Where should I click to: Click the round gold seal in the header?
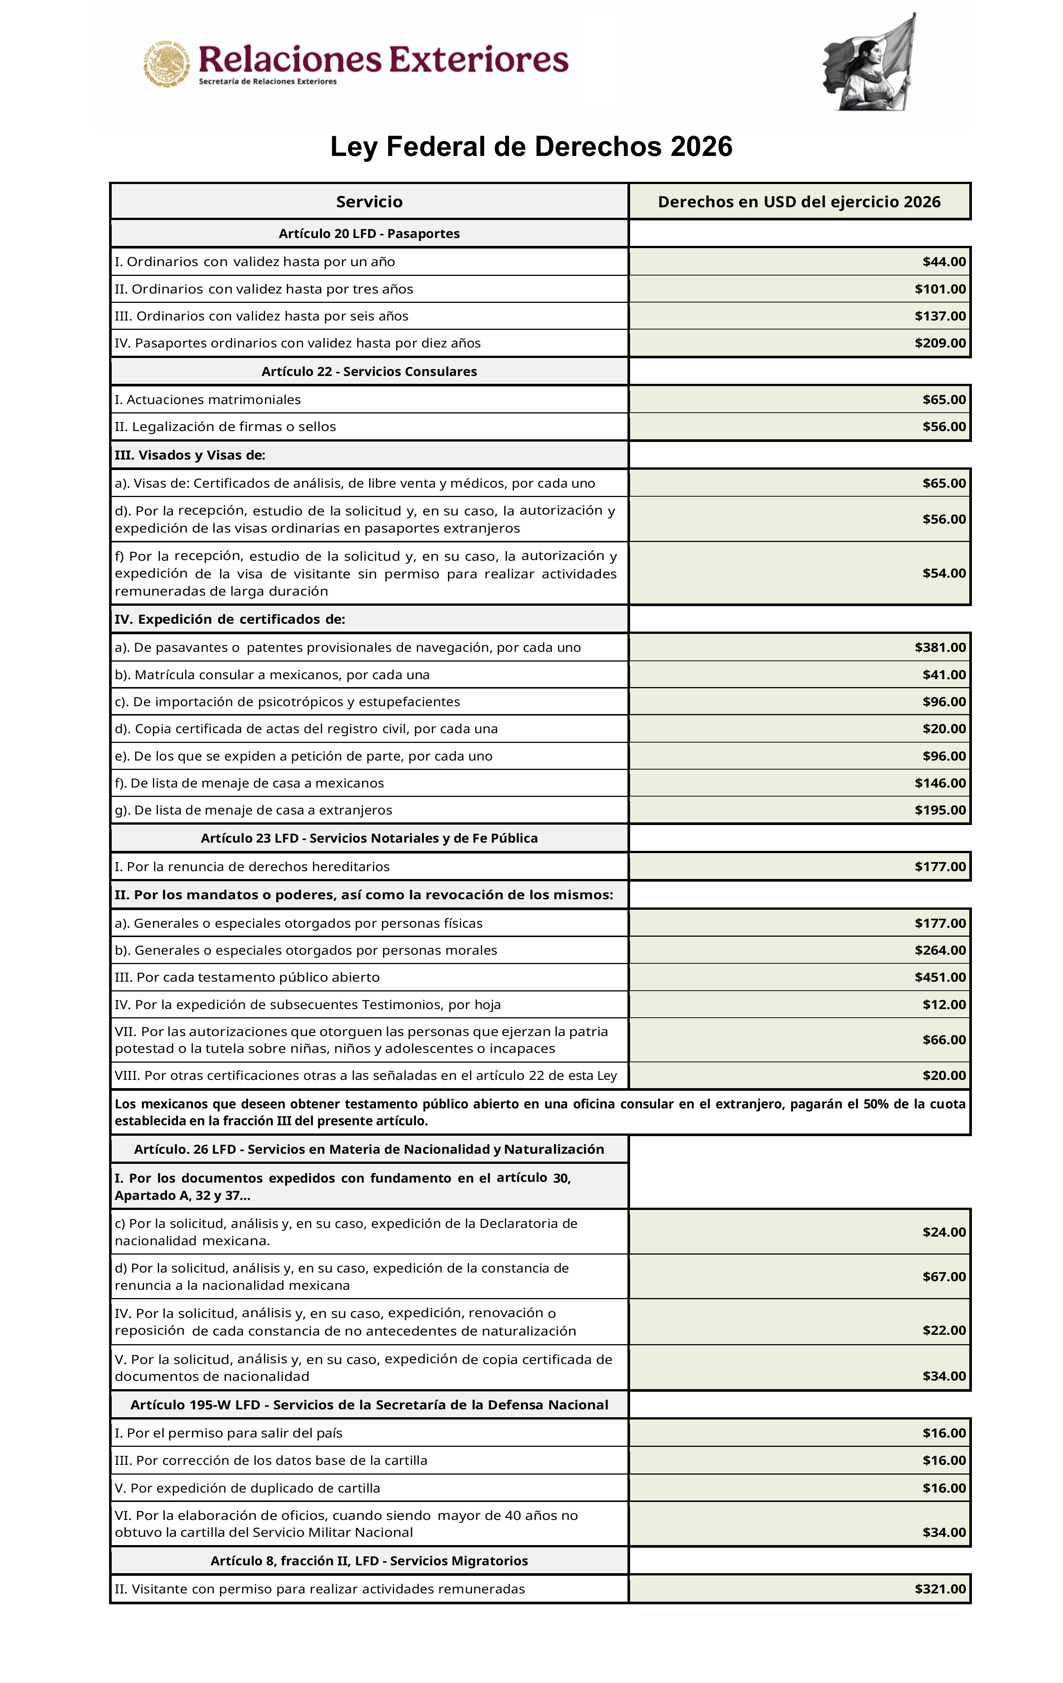tap(167, 64)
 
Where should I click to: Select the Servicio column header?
tap(369, 202)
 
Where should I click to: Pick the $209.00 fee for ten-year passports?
tap(940, 343)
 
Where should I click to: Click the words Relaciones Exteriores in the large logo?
tap(383, 60)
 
